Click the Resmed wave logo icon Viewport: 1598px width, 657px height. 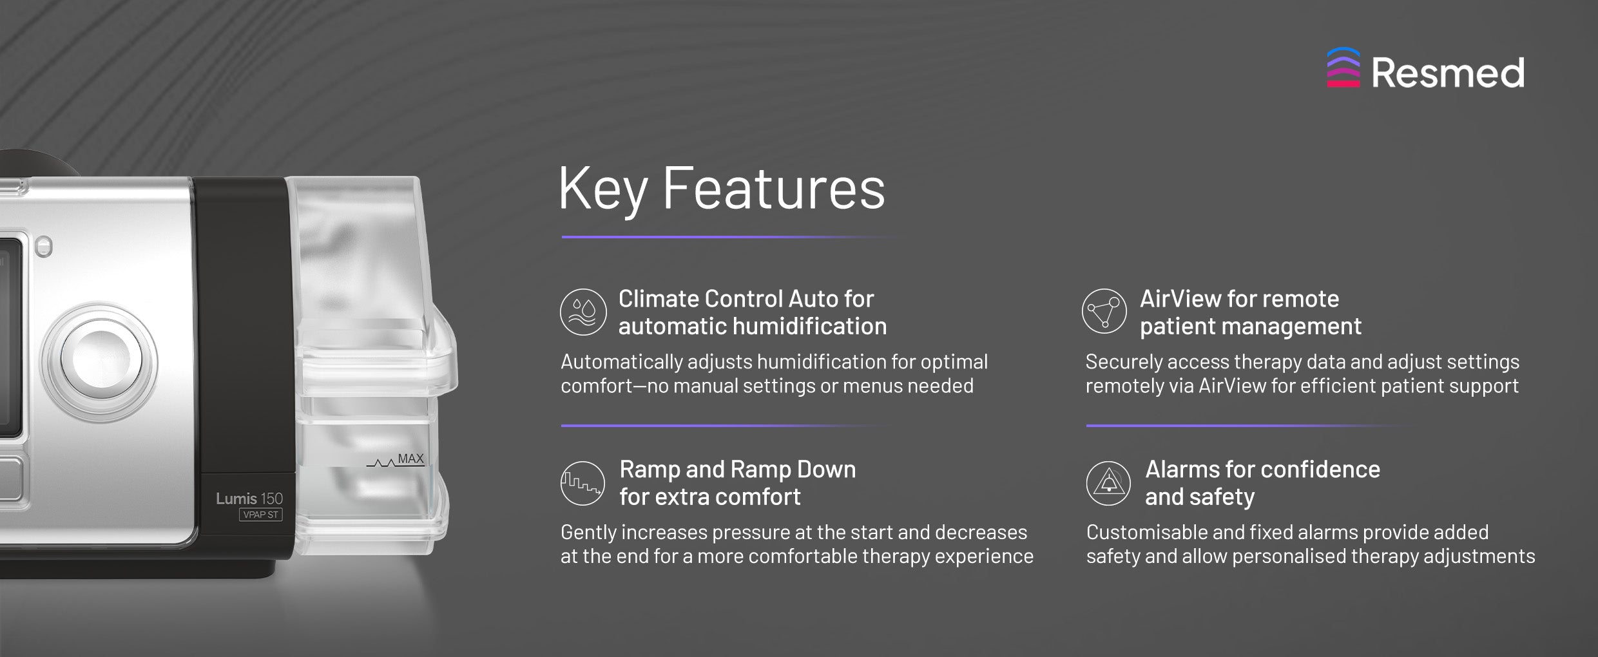pos(1343,68)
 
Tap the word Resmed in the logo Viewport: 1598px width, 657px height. pos(1448,73)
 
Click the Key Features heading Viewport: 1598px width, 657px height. pos(722,188)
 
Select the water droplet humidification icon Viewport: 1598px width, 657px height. pos(583,312)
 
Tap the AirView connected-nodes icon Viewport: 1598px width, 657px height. pos(1104,311)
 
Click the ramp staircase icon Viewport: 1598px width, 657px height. pos(583,483)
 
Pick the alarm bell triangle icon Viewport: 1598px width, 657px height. pos(1108,483)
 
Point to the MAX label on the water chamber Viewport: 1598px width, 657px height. pos(410,459)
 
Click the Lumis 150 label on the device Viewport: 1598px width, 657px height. pos(249,499)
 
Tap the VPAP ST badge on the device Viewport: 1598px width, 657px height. pos(261,515)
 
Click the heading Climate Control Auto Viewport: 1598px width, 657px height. pos(746,299)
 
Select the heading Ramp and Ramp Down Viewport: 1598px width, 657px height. pos(738,470)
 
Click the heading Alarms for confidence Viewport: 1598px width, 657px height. pos(1263,470)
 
